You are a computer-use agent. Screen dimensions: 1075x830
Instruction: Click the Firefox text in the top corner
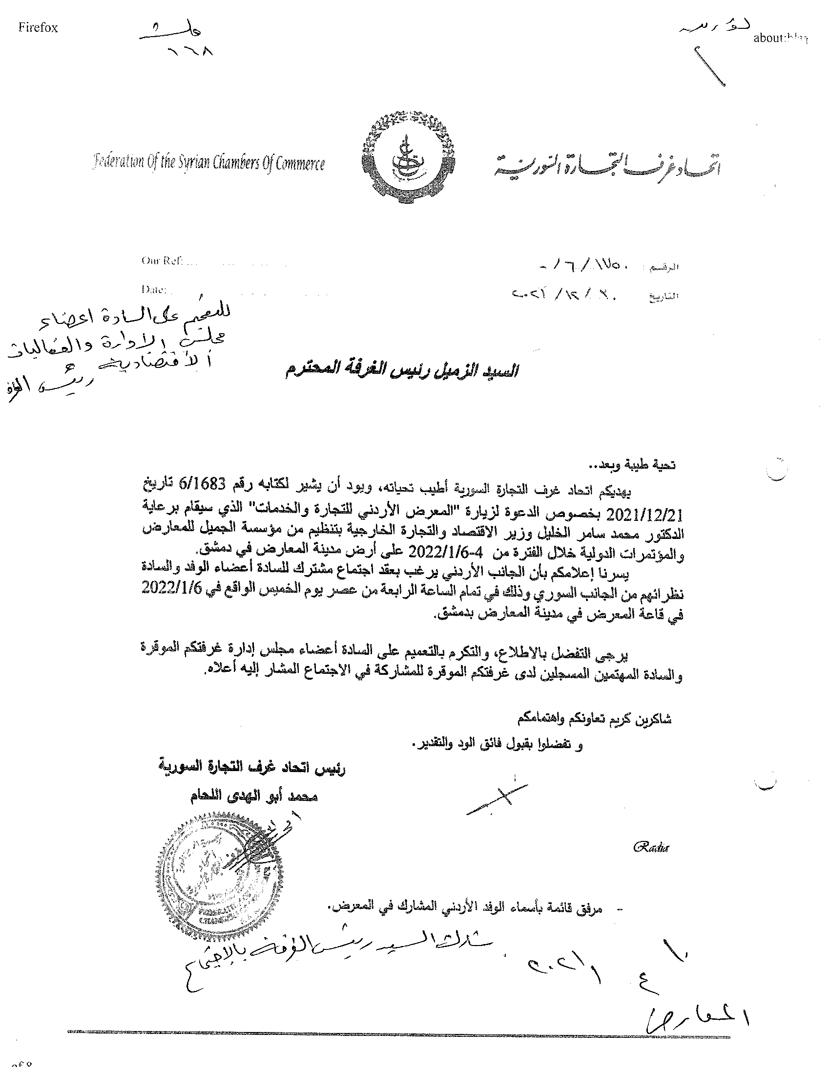38,27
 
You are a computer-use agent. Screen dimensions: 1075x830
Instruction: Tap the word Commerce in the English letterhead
300,163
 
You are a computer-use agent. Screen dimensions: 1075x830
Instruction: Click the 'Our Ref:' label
162,261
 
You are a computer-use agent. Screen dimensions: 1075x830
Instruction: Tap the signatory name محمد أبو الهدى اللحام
254,796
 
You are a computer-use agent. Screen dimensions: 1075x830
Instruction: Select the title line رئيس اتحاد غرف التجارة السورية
251,767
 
